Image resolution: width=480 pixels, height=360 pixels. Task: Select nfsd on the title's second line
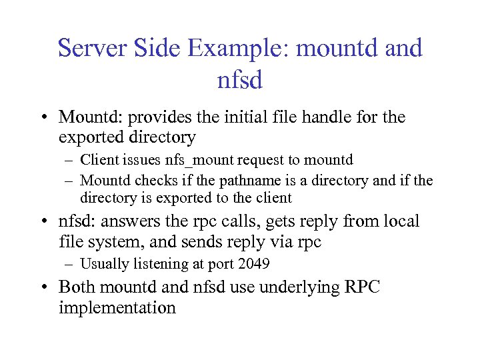point(240,81)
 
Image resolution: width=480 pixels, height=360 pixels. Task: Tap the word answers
point(134,221)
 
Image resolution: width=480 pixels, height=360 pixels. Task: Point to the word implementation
point(117,307)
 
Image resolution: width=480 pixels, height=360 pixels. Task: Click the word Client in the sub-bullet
point(97,160)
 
